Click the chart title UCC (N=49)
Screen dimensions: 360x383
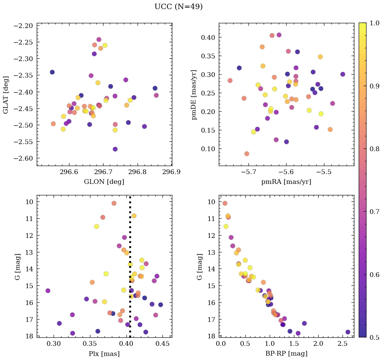click(x=178, y=7)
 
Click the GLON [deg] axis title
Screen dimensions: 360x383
click(x=104, y=182)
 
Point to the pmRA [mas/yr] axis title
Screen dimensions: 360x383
click(x=286, y=182)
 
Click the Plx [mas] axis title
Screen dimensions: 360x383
click(x=104, y=354)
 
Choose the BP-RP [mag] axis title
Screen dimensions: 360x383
click(x=286, y=354)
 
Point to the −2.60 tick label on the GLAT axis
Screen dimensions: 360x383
click(x=23, y=159)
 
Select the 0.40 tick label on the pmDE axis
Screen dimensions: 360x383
click(x=208, y=37)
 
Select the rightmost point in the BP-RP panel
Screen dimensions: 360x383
click(x=348, y=332)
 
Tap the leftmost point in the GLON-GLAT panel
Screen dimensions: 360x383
click(x=52, y=72)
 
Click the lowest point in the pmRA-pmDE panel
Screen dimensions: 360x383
click(x=247, y=154)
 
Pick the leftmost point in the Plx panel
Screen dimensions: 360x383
click(x=48, y=291)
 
